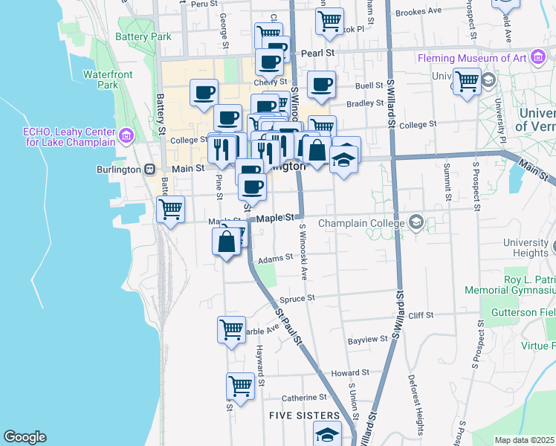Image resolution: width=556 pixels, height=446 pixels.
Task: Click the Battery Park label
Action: [143, 36]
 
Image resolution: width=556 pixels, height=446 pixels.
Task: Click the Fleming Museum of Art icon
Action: [537, 57]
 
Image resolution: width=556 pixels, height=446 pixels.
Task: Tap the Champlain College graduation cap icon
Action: [416, 222]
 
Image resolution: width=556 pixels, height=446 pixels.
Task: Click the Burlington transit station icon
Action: [149, 169]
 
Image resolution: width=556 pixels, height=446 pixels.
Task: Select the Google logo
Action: [25, 437]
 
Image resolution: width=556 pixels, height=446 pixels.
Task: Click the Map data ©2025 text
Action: [525, 440]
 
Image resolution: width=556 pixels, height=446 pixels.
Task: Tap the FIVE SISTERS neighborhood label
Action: [305, 416]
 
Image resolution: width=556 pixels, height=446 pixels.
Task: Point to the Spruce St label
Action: [297, 298]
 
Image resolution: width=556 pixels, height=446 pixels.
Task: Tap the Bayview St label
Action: [368, 339]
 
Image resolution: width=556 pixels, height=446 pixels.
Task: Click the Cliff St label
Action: [420, 315]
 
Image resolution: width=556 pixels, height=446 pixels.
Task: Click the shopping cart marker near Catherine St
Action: [240, 386]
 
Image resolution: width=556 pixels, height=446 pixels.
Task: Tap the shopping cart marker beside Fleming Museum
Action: [467, 80]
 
